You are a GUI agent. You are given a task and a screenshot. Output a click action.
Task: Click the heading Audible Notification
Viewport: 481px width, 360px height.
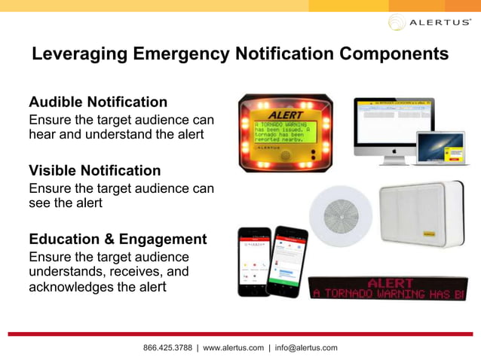click(98, 102)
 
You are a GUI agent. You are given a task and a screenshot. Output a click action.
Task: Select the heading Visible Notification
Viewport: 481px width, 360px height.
click(94, 170)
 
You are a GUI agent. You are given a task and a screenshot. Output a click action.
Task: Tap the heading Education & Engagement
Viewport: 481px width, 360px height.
click(118, 239)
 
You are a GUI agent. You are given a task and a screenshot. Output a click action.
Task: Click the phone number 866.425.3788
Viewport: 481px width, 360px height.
click(167, 348)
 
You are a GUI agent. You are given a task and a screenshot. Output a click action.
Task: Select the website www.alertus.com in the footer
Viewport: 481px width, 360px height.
click(234, 348)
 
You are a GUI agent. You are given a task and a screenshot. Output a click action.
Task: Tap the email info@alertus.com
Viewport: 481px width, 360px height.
click(306, 348)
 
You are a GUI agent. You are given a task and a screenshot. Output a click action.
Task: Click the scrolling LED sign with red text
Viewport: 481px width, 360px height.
click(388, 288)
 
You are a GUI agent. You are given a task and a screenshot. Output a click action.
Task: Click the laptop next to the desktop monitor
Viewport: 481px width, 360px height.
click(439, 148)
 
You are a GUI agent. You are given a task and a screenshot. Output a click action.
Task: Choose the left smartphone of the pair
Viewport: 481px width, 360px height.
click(254, 260)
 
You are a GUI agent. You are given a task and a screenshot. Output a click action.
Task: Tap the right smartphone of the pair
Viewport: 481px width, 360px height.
click(290, 260)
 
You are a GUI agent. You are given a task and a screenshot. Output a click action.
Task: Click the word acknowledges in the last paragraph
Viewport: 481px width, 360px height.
click(70, 288)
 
